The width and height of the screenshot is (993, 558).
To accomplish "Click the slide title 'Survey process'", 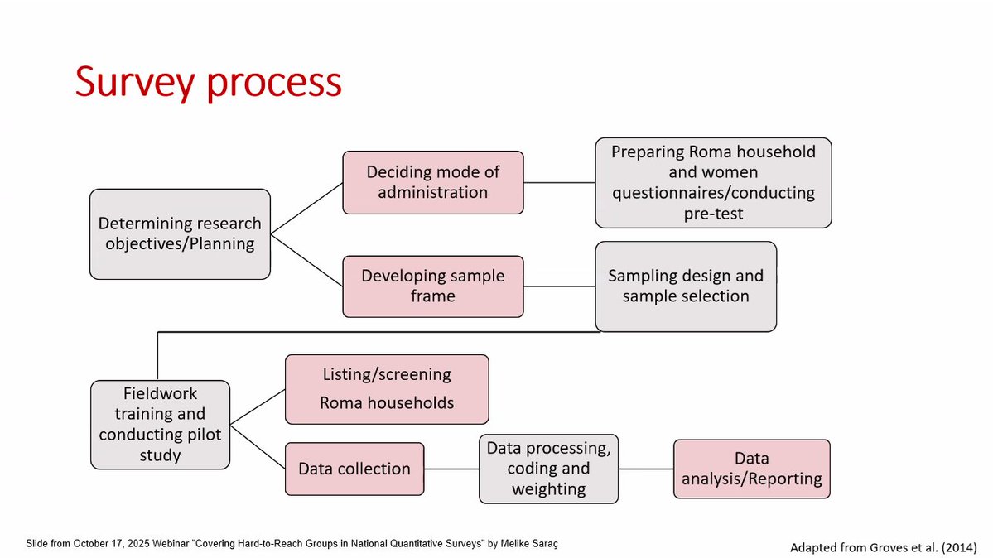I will click(208, 81).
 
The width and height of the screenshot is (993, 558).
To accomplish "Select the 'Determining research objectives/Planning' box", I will click(180, 233).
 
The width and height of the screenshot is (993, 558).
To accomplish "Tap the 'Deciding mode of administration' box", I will click(432, 181).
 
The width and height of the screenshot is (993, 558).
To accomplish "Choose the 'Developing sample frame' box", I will click(432, 286).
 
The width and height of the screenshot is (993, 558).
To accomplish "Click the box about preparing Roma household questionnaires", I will click(713, 183).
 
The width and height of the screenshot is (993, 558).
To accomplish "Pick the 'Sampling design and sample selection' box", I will click(686, 286).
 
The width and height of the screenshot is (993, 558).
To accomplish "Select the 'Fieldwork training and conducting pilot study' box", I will click(160, 424).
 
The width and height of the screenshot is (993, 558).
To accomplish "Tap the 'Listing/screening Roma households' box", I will click(387, 388).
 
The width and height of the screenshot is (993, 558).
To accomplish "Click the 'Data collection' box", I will click(354, 469).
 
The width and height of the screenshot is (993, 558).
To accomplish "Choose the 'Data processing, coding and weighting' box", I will click(548, 469).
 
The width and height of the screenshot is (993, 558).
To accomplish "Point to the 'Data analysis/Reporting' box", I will click(751, 469).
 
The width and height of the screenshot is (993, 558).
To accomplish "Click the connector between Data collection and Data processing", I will click(451, 469).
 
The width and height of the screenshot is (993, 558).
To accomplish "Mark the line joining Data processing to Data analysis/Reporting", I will click(646, 469).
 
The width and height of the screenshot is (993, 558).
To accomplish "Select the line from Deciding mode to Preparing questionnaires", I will click(559, 182).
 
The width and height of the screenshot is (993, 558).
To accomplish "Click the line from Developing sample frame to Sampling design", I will click(559, 287).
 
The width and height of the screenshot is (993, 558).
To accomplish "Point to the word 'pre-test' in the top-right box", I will click(713, 214).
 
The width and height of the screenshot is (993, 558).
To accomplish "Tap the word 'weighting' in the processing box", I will click(548, 489).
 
